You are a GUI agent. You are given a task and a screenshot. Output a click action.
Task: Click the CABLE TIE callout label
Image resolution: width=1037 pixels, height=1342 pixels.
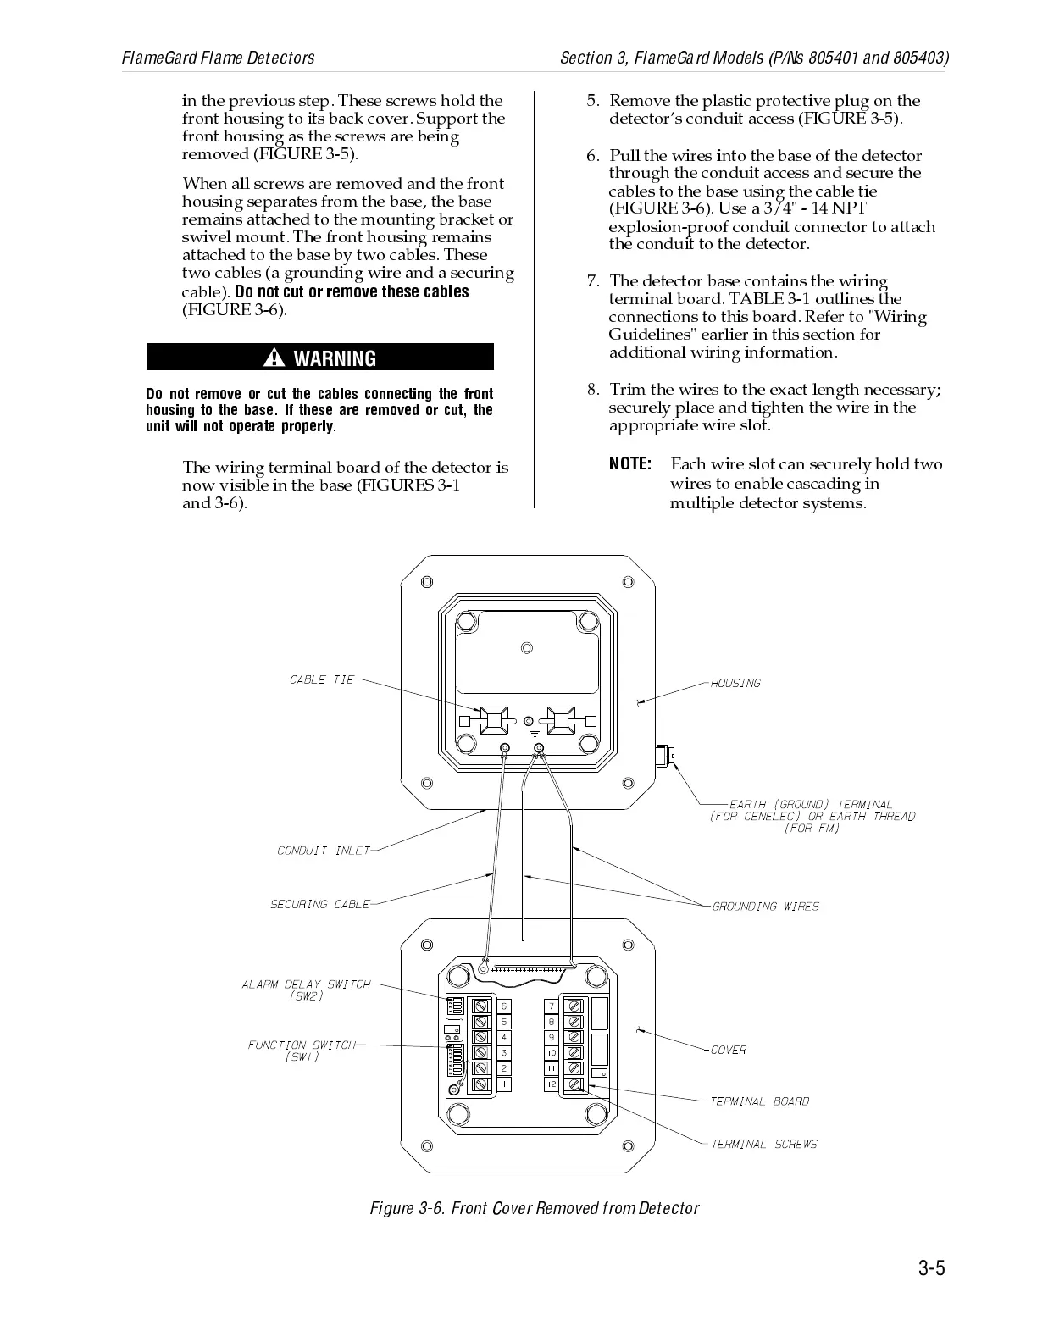point(322,679)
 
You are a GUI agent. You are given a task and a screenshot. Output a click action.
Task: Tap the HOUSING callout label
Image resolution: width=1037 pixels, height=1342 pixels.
point(735,683)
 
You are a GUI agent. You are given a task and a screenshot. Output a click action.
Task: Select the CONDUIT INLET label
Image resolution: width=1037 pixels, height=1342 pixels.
point(324,851)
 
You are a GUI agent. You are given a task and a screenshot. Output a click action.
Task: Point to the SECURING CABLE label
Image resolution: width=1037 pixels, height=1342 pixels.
point(320,904)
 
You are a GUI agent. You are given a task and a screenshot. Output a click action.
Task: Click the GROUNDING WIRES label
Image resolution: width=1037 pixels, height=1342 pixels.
point(765,907)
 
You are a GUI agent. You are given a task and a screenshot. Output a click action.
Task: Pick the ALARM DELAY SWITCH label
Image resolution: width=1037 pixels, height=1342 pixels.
point(306,990)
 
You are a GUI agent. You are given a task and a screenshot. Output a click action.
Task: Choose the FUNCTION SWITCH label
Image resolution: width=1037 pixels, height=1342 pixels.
point(302,1051)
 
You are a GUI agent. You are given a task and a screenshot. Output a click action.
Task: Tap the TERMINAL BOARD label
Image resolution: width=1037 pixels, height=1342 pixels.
point(759,1101)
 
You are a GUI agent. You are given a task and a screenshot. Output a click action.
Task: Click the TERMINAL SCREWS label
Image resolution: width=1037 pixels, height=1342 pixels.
point(763,1144)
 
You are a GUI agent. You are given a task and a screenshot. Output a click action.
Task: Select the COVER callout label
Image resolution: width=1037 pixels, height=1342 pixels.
point(728,1050)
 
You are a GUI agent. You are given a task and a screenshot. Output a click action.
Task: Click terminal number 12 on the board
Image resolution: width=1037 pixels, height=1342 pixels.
point(551,1084)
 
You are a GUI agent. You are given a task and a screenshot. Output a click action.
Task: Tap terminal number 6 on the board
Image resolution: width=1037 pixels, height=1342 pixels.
point(504,1006)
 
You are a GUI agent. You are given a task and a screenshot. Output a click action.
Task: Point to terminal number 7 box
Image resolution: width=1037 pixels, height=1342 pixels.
point(551,1006)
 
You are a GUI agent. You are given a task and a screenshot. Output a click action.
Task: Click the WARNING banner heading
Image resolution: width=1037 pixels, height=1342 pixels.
point(334,358)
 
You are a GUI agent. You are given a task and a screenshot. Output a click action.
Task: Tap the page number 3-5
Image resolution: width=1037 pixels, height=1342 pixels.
point(931,1268)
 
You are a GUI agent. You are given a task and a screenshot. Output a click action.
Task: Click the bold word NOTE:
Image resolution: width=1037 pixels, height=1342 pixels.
point(629,464)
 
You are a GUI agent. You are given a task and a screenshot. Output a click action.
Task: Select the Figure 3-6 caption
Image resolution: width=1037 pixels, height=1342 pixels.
point(534,1208)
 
